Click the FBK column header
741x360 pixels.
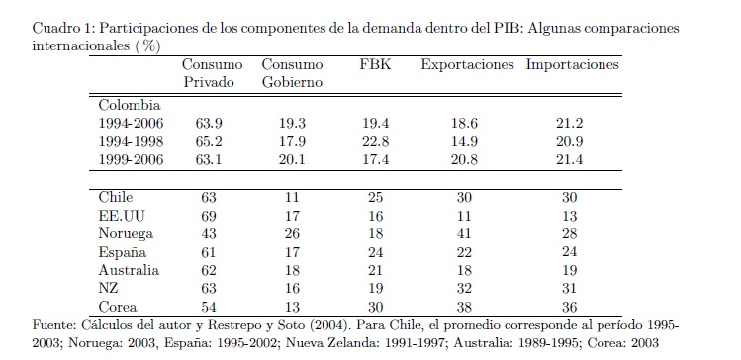click(x=375, y=64)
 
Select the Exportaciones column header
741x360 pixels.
click(x=467, y=64)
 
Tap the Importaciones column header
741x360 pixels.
click(x=572, y=64)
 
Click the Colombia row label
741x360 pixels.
click(x=130, y=105)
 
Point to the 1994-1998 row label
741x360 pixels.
click(x=131, y=141)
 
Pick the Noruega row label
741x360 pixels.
click(x=126, y=233)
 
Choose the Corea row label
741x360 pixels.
click(x=118, y=307)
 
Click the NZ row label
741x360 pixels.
click(x=108, y=289)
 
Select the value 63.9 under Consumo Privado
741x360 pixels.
click(x=209, y=123)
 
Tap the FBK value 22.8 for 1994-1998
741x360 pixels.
click(x=375, y=141)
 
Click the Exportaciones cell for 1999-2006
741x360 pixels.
click(x=464, y=159)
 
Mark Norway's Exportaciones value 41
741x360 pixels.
click(x=464, y=233)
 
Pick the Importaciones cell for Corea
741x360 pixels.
click(x=570, y=307)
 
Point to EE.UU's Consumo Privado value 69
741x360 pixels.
click(x=209, y=216)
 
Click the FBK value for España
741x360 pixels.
click(x=375, y=252)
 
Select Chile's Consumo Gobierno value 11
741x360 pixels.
click(x=292, y=198)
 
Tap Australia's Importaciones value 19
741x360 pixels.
click(x=570, y=270)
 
